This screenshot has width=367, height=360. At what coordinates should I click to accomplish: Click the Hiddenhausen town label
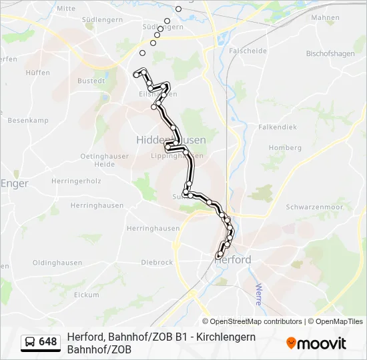[x=171, y=140]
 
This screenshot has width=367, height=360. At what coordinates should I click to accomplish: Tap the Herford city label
[x=233, y=259]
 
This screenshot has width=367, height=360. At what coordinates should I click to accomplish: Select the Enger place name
[x=14, y=183]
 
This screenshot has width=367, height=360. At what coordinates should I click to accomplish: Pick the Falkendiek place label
[x=277, y=127]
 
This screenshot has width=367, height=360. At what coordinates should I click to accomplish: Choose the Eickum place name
[x=87, y=294]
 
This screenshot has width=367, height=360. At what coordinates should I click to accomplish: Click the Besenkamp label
[x=28, y=120]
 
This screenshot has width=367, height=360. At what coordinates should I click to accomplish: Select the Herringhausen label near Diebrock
[x=153, y=228]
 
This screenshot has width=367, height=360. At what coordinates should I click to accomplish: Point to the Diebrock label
[x=157, y=263]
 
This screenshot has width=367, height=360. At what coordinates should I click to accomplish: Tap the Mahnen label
[x=325, y=17]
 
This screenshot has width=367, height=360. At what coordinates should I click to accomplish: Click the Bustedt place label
[x=91, y=81]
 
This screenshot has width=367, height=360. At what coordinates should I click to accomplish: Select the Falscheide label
[x=248, y=51]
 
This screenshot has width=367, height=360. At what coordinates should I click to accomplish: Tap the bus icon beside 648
[x=30, y=342]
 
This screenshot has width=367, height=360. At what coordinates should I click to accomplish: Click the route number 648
[x=48, y=342]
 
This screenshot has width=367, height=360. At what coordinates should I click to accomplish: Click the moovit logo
[x=316, y=343]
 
